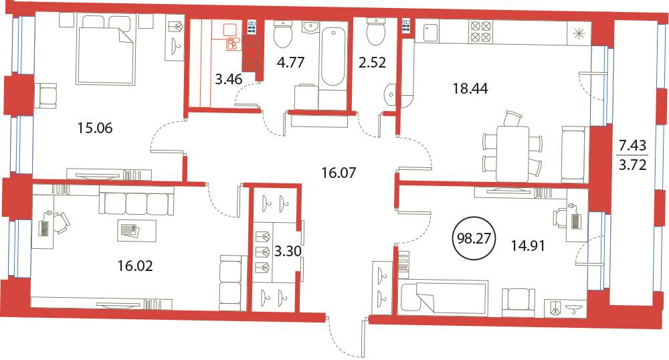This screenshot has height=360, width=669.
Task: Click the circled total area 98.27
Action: click(x=474, y=238)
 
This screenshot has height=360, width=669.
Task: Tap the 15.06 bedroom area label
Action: click(x=95, y=128)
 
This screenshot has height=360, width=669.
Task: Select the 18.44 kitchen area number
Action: click(x=470, y=89)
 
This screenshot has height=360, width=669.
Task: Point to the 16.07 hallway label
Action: click(x=339, y=173)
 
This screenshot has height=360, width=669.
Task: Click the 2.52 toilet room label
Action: click(x=371, y=63)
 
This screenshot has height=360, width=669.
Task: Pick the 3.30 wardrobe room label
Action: click(x=288, y=251)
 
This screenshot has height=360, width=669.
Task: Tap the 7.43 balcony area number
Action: click(x=633, y=146)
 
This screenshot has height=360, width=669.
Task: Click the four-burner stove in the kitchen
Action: click(x=479, y=31)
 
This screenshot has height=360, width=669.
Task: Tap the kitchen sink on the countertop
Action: click(x=430, y=32)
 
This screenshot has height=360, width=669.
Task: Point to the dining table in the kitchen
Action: click(x=512, y=154)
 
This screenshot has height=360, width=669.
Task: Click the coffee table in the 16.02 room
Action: click(x=136, y=231)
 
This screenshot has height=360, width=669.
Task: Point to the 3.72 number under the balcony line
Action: click(x=633, y=164)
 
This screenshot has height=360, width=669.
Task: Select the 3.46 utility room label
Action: click(x=229, y=79)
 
